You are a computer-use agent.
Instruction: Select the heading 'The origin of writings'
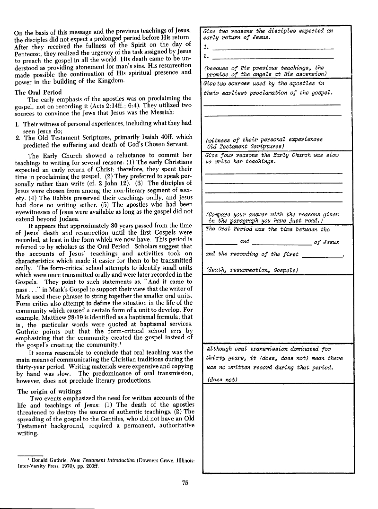pyautogui.click(x=49, y=391)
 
